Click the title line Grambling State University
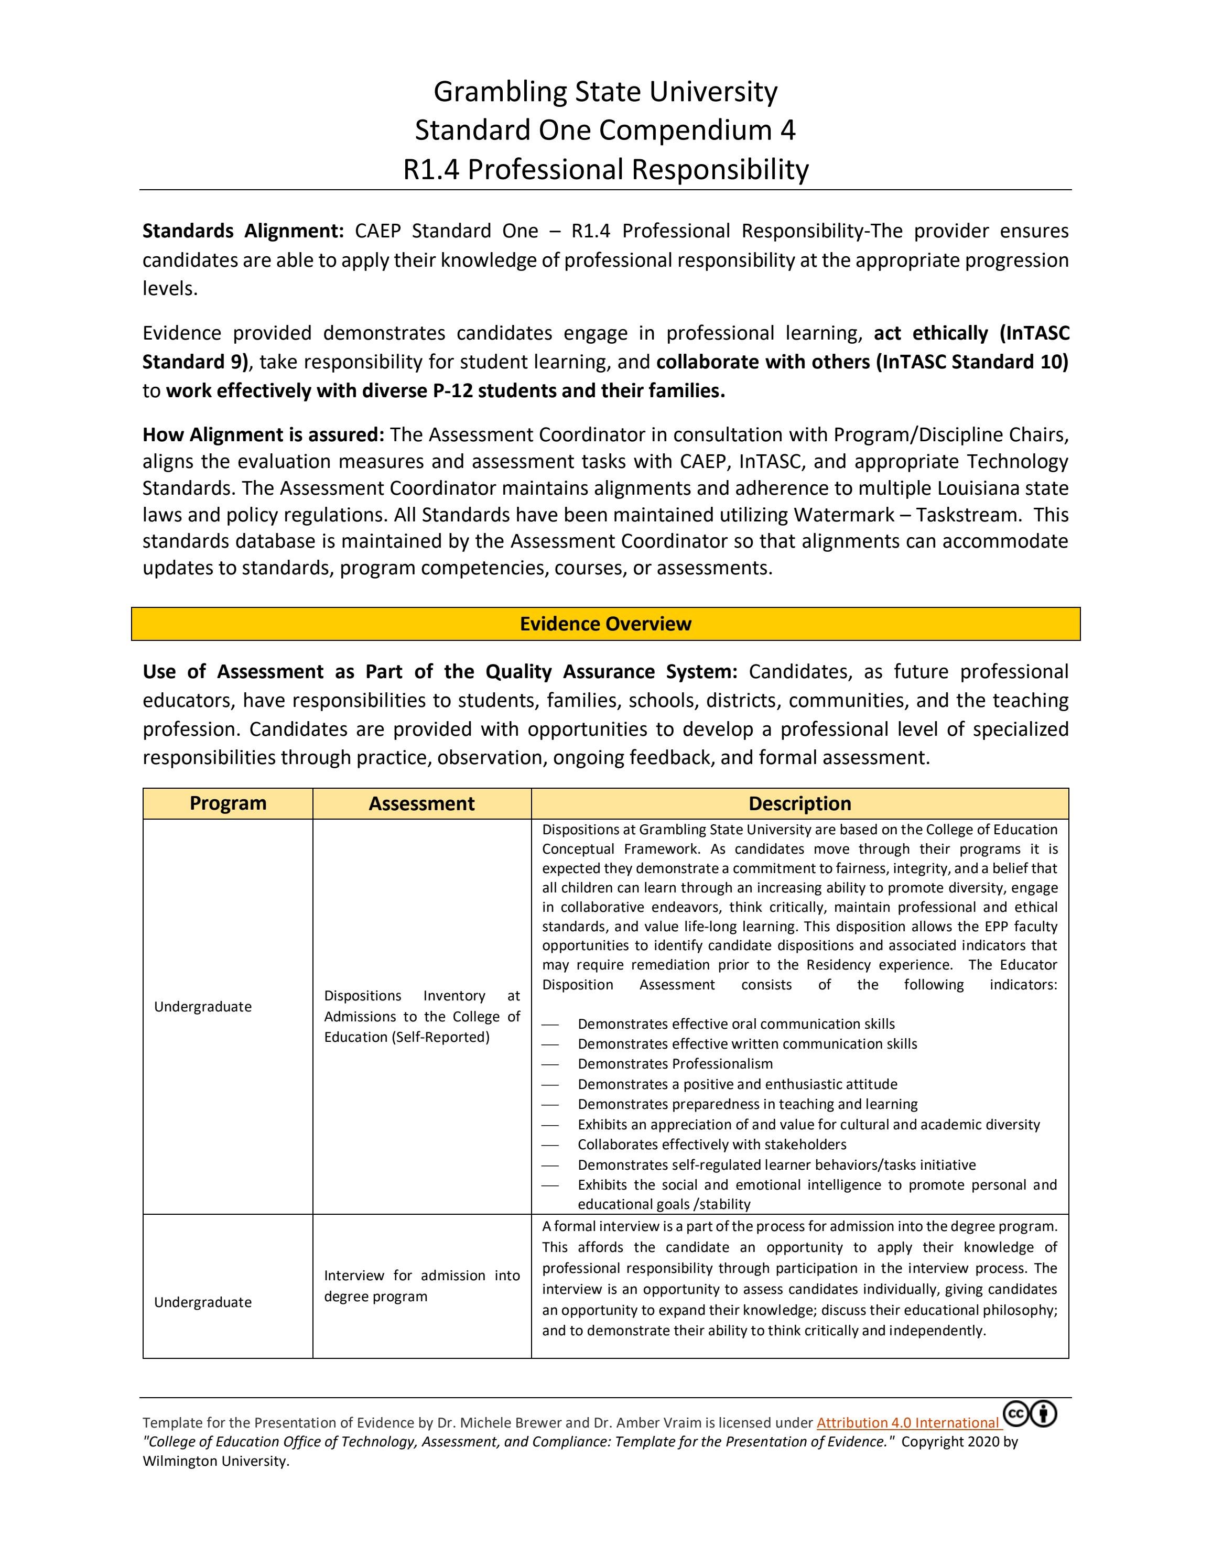(x=605, y=92)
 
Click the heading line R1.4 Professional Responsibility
(x=605, y=169)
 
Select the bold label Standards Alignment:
(x=243, y=231)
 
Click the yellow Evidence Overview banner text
(x=605, y=623)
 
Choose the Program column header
(x=228, y=803)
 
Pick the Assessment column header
(x=421, y=803)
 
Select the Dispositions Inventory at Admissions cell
(x=421, y=1016)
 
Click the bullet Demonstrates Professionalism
(x=675, y=1064)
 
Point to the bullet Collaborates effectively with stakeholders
(x=711, y=1145)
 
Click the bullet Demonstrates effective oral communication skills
(x=736, y=1024)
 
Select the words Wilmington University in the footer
(x=215, y=1461)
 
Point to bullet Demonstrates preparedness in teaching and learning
(x=748, y=1104)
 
